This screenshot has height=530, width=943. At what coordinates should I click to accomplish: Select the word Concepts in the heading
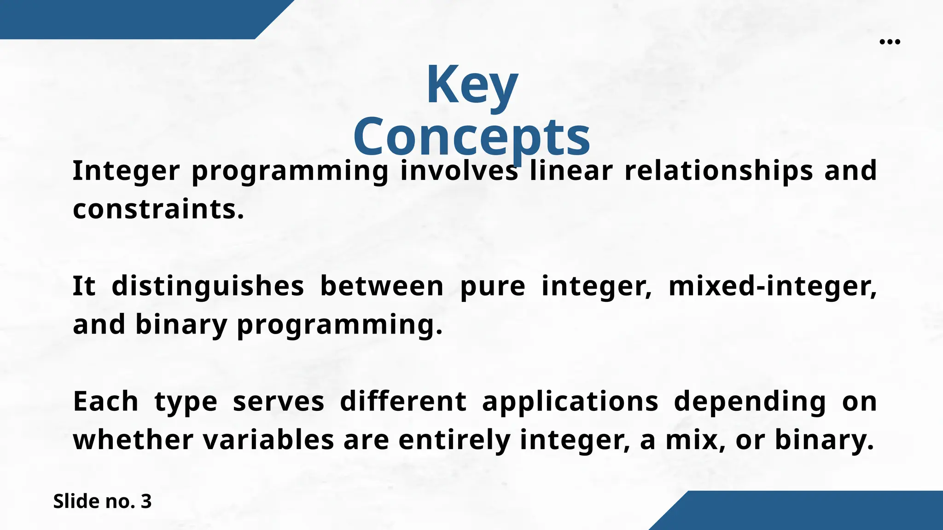coord(471,137)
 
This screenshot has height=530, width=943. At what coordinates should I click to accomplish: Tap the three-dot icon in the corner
coord(890,42)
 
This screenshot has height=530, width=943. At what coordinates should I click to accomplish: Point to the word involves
coord(459,171)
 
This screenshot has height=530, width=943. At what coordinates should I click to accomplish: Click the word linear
coord(571,171)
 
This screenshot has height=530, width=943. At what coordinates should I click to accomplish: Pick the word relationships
coord(719,171)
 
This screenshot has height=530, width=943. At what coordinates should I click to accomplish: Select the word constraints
coord(158,209)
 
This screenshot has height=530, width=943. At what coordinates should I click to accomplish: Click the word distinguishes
coord(208,286)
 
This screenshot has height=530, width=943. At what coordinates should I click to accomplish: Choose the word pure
coord(493,286)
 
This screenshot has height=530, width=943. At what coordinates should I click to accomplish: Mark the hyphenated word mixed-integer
coord(772,286)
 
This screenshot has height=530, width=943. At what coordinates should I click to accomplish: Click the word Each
coord(105,401)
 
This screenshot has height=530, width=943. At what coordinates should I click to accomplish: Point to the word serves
coord(279,401)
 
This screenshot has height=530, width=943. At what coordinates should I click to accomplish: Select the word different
coord(403,401)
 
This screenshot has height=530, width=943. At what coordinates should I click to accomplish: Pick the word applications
coord(570,402)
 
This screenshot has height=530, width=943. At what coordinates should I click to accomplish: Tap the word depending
coord(750,402)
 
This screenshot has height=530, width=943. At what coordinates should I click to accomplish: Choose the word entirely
coord(454,440)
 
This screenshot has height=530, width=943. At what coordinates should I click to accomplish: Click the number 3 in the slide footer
coord(146,501)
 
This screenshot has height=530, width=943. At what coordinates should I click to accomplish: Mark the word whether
coord(133,440)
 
